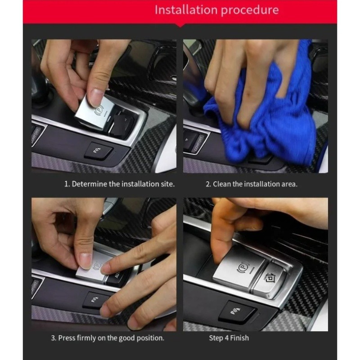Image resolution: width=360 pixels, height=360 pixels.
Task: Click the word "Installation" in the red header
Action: (x=186, y=10)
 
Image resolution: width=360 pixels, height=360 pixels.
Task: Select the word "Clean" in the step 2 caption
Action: (x=222, y=184)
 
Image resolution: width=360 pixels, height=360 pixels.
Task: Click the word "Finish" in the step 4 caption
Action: (x=239, y=338)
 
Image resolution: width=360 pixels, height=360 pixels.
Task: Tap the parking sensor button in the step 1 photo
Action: (x=98, y=151)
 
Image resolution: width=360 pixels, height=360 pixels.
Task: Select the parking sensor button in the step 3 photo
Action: (x=94, y=300)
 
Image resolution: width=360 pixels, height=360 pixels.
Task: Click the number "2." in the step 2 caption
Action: (x=208, y=184)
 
